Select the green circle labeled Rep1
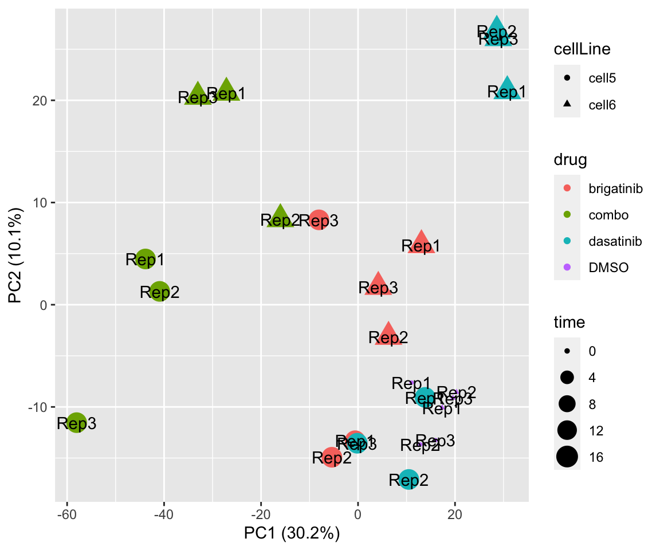(146, 258)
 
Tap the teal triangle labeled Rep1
(507, 89)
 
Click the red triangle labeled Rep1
(421, 243)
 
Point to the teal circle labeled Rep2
(408, 480)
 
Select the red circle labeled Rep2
(332, 457)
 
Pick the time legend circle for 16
(567, 457)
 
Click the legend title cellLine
(582, 50)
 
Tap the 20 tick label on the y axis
(43, 101)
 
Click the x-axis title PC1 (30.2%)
(292, 533)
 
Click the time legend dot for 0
(567, 351)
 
